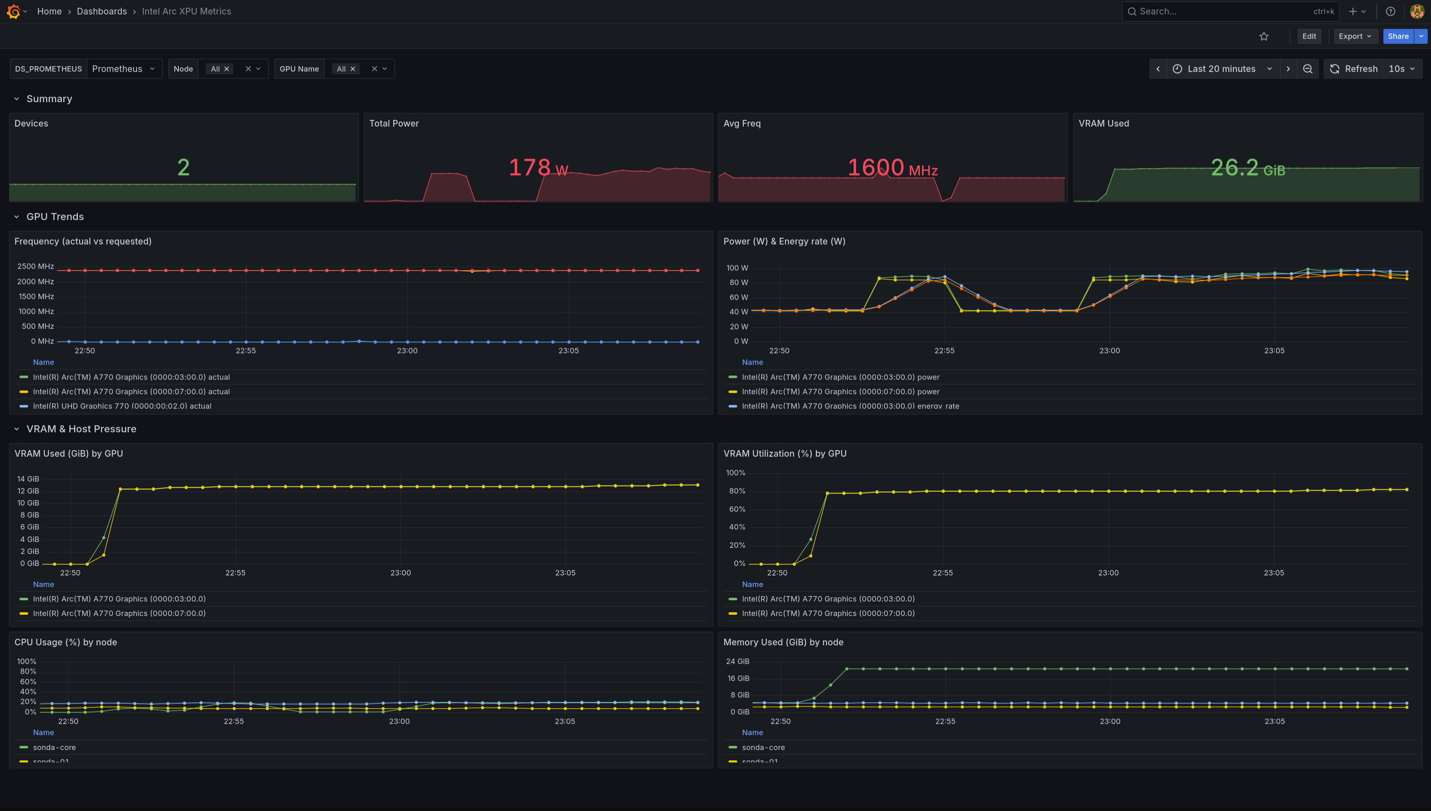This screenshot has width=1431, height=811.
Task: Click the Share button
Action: [1397, 36]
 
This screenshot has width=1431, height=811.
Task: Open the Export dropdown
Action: [1354, 36]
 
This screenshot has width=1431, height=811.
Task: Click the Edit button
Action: [1308, 36]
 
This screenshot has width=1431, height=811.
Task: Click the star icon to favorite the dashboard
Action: [1263, 36]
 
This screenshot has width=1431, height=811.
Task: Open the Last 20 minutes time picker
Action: [1221, 68]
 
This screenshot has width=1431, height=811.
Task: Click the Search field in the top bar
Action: [1225, 11]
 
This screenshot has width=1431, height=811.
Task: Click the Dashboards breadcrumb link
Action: [101, 11]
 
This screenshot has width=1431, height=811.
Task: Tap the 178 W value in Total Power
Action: [538, 168]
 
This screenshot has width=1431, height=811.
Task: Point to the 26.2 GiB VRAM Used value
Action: [1247, 168]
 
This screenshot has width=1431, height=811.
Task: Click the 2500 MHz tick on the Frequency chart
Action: [36, 266]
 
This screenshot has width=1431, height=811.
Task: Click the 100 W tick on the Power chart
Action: [737, 268]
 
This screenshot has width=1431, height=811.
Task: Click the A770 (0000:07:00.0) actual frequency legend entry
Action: [131, 392]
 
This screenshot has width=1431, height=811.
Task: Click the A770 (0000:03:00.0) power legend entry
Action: [840, 377]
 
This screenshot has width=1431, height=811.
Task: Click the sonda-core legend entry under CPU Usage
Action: [54, 748]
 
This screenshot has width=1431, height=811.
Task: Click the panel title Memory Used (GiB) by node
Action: [783, 642]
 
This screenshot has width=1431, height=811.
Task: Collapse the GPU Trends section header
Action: [55, 217]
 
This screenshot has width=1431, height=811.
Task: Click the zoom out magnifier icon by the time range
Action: [1307, 68]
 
